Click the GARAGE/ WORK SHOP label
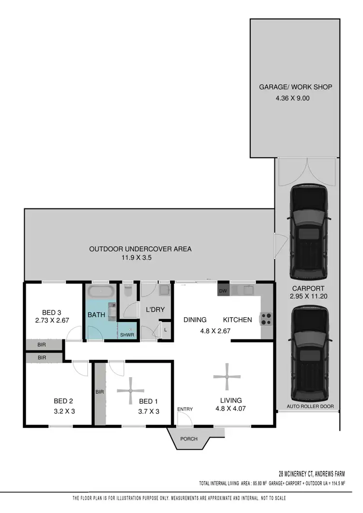295,87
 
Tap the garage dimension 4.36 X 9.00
292,98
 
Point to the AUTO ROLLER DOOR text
310,407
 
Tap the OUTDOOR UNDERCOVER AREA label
140,249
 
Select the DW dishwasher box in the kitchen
223,291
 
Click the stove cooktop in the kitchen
266,319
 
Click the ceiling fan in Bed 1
131,391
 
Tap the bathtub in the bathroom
101,292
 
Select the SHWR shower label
127,335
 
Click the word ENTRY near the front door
185,410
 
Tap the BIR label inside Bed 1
100,392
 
